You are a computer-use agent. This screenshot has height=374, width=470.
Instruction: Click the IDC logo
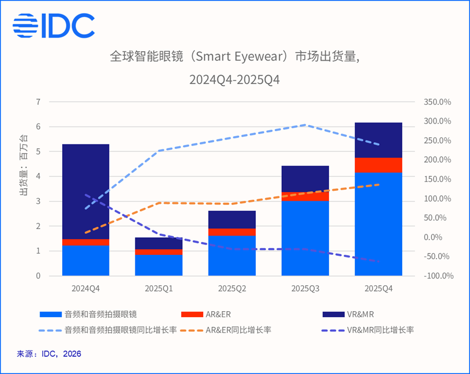tap(53, 25)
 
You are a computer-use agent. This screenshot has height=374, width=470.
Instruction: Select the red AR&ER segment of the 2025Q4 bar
tap(378, 165)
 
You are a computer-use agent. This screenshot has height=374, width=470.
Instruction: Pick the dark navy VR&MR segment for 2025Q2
tap(232, 220)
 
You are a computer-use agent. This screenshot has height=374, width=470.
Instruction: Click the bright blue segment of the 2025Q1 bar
tap(159, 265)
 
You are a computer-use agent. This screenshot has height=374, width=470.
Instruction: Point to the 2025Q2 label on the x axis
tap(232, 288)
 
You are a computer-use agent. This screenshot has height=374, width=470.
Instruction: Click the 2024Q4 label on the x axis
tap(85, 288)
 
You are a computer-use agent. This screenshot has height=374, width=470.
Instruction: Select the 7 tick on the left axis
tap(39, 102)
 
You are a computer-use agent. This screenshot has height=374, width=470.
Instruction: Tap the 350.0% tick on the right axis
tap(438, 102)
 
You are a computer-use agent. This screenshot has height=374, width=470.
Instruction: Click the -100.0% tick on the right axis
tap(438, 276)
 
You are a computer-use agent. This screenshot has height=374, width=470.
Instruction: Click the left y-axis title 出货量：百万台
tap(23, 165)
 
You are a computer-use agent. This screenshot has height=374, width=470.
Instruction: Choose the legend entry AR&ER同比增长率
tap(238, 330)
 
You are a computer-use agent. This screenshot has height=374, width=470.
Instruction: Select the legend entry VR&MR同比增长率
tap(378, 330)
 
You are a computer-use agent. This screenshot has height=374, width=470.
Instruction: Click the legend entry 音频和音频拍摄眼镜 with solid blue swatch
tap(99, 314)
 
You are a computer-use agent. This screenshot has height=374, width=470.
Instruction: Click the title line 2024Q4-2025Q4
tap(235, 79)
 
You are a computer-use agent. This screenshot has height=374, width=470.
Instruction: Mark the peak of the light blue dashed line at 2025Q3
tap(305, 125)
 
